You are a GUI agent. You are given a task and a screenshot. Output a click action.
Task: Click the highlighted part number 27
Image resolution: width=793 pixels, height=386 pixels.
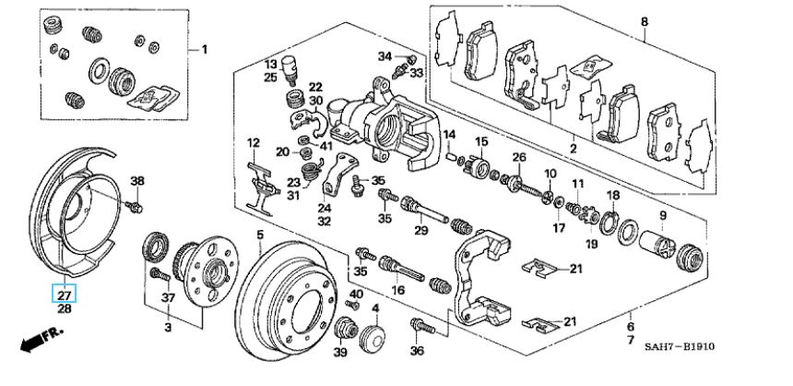coord(65,293)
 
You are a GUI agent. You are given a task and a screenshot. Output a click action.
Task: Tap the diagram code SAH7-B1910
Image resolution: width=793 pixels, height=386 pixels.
coord(679,346)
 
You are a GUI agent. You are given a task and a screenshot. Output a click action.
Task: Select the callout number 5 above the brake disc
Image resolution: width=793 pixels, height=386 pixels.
coord(260,235)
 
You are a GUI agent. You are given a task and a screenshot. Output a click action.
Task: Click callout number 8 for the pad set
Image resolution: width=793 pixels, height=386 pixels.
coord(645,22)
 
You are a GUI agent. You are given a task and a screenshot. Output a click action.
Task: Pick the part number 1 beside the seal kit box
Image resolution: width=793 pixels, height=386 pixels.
coord(205,50)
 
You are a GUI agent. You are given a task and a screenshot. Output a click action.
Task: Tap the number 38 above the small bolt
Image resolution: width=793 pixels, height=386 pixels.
coord(137,181)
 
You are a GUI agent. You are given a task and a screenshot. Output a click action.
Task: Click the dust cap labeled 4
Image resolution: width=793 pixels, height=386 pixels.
coord(373,337)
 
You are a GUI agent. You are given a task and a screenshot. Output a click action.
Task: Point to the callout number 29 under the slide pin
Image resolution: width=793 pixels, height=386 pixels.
coord(420,231)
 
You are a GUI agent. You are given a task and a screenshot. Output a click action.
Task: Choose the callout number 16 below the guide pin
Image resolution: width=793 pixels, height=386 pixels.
coord(398,290)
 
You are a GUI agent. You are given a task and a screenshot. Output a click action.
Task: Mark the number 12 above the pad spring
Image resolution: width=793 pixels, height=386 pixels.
coord(253,143)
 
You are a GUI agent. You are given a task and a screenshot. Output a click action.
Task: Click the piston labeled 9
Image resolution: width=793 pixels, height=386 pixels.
coord(657,243)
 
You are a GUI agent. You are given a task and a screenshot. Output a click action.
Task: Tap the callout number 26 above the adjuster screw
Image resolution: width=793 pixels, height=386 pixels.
coord(519,158)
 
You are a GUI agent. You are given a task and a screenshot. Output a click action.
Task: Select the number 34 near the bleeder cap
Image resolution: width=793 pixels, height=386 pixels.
coord(385,56)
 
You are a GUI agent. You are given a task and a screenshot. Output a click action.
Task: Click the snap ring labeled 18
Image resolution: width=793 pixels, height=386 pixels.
coord(610,222)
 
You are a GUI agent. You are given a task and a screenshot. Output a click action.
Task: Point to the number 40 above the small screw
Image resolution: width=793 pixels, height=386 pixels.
coord(357,294)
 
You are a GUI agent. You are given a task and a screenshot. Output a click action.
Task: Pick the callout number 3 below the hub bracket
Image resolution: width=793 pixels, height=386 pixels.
coord(168,327)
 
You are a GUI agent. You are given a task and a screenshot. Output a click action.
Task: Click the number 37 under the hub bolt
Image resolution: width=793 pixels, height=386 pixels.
coord(168,297)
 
